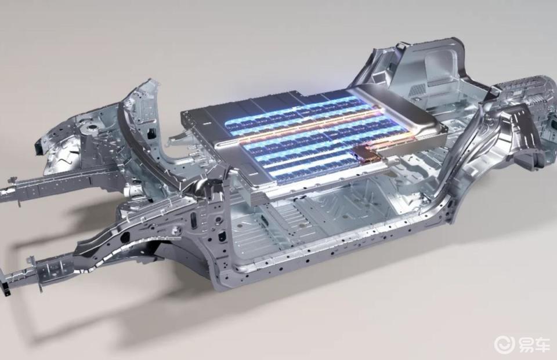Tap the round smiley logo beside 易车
(505, 344)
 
